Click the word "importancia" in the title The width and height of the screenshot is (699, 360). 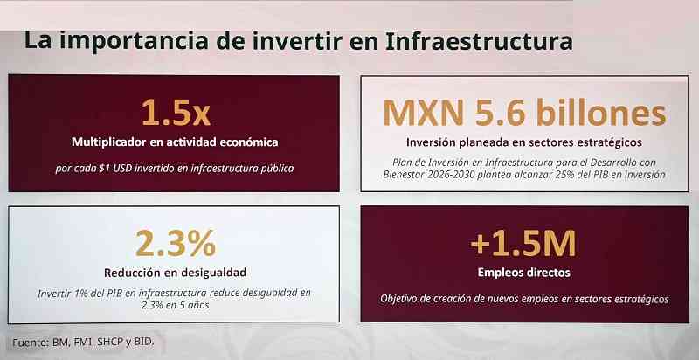pos(133,41)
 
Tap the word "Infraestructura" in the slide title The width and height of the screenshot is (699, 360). pos(478,40)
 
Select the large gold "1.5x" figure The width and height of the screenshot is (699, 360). pos(176,112)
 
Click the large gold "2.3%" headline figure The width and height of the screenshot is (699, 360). pos(176,243)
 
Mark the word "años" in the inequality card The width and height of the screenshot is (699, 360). pos(197,306)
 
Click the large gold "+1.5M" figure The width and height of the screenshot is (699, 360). pos(523,243)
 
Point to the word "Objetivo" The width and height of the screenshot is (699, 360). pos(398,299)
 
